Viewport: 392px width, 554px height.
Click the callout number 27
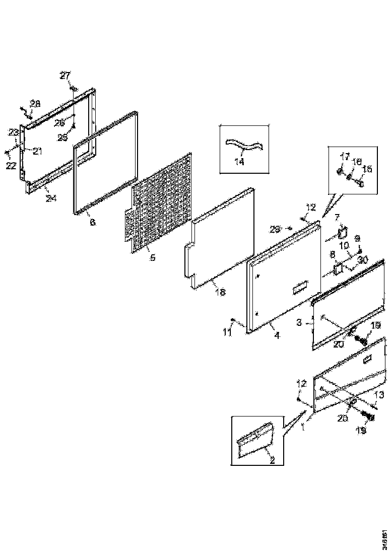(66, 76)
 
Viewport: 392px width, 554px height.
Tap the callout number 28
(35, 104)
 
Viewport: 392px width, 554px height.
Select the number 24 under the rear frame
(51, 198)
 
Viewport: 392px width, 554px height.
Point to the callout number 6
(93, 222)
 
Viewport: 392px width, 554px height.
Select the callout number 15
(367, 169)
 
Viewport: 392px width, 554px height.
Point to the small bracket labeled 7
(344, 233)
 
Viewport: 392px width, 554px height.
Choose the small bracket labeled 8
(337, 270)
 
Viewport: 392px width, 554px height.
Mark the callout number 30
(363, 260)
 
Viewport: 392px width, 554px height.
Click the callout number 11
(227, 331)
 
